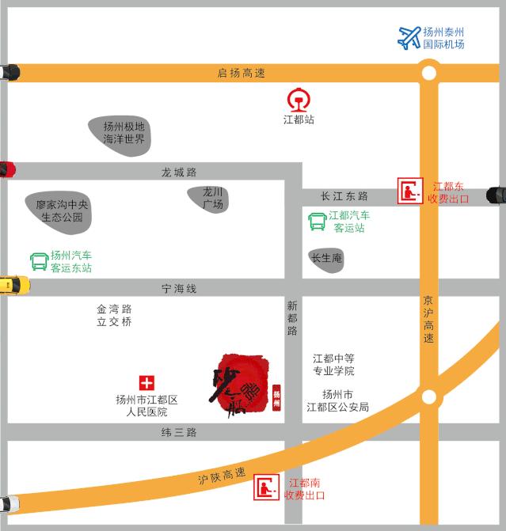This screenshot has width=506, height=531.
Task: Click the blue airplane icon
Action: coord(409,37)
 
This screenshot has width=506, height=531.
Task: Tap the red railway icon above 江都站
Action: coord(299,101)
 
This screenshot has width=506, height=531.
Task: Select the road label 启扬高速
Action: coord(242,73)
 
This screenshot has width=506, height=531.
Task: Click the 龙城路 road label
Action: coord(178,172)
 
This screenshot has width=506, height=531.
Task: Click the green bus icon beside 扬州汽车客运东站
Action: coord(39,261)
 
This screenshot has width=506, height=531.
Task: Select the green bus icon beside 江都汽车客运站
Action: coord(318,222)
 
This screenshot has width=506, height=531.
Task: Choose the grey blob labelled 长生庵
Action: coord(326,258)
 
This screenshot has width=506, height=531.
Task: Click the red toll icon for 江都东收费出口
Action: coord(410,192)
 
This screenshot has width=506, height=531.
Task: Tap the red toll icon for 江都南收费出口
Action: coord(266,488)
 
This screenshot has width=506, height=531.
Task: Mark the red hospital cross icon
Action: coord(146,383)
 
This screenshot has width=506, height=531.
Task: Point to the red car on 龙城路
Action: coord(7,169)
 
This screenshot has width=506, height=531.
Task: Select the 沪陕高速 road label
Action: coord(222,475)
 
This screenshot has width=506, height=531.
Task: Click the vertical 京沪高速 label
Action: coord(428,320)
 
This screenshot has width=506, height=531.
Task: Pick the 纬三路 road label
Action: coord(178,432)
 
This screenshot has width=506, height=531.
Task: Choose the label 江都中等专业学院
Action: coord(333,365)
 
